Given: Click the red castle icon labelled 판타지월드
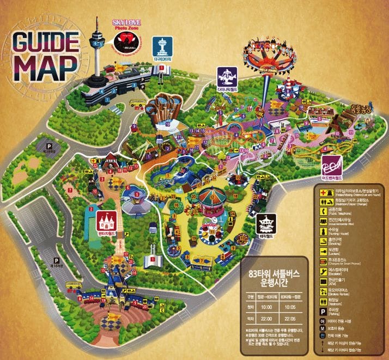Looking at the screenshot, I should pyautogui.click(x=106, y=221).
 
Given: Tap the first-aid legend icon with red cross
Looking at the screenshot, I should pyautogui.click(x=324, y=192).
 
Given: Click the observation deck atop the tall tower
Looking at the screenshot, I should pyautogui.click(x=98, y=40).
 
